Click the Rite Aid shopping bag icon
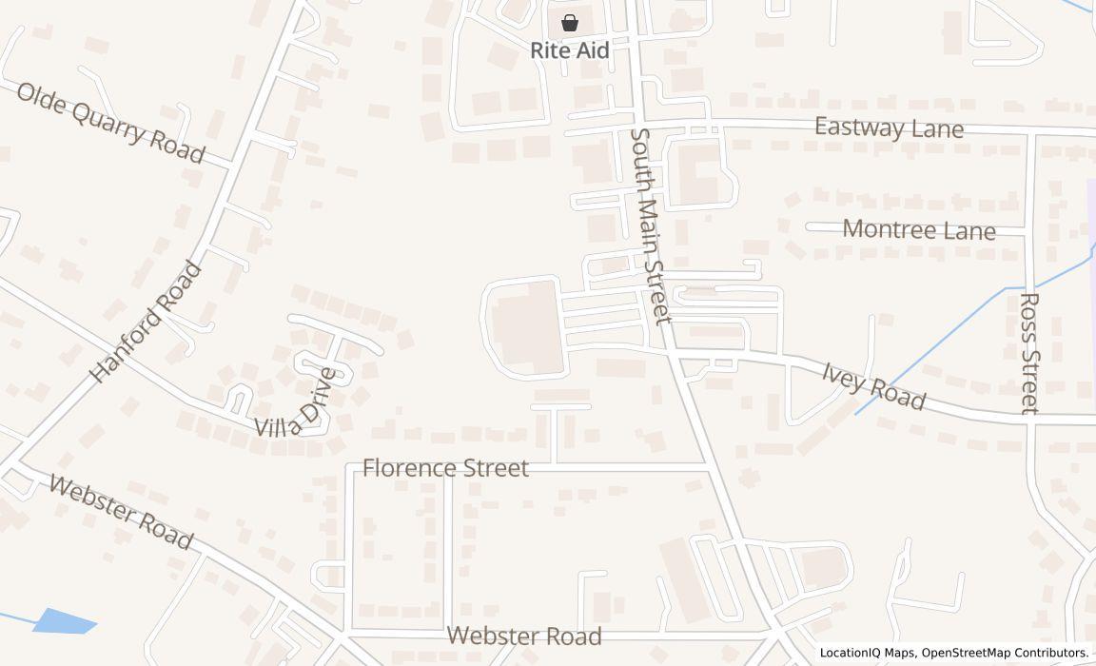pyautogui.click(x=569, y=23)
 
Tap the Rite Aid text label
pyautogui.click(x=569, y=50)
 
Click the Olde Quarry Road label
pyautogui.click(x=110, y=123)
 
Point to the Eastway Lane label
pyautogui.click(x=889, y=127)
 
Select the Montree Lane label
pyautogui.click(x=918, y=229)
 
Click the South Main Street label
pyautogui.click(x=651, y=226)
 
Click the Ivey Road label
pyautogui.click(x=873, y=384)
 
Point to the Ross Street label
pyautogui.click(x=1028, y=353)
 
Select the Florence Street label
pyautogui.click(x=445, y=468)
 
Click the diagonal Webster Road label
pyautogui.click(x=121, y=512)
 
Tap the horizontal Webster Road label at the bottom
pyautogui.click(x=524, y=636)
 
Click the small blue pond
pyautogui.click(x=65, y=620)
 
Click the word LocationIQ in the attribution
pyautogui.click(x=851, y=653)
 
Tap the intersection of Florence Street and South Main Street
pyautogui.click(x=712, y=469)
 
